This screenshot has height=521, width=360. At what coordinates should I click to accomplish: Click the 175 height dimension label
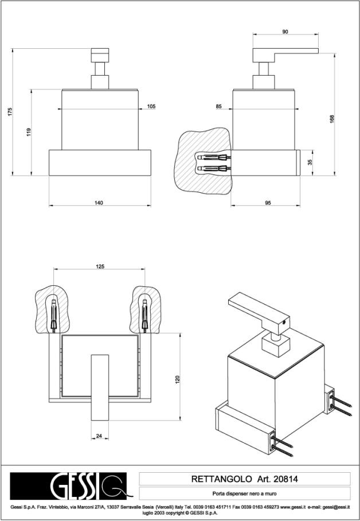click(9, 113)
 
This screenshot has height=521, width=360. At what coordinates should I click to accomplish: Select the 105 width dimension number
click(151, 106)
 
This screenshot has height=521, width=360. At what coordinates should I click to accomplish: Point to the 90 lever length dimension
click(285, 32)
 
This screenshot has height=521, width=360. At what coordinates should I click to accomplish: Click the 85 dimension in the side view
click(219, 106)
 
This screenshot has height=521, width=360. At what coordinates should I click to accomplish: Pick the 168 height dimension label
click(332, 119)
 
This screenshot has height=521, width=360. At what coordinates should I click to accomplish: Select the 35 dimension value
click(310, 162)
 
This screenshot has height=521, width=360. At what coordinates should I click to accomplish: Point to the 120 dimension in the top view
click(178, 379)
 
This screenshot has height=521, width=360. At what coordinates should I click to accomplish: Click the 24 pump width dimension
click(99, 436)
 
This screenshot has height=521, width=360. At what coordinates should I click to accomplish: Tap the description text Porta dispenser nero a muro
click(244, 493)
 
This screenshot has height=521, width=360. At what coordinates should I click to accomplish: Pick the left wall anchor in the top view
click(53, 315)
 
